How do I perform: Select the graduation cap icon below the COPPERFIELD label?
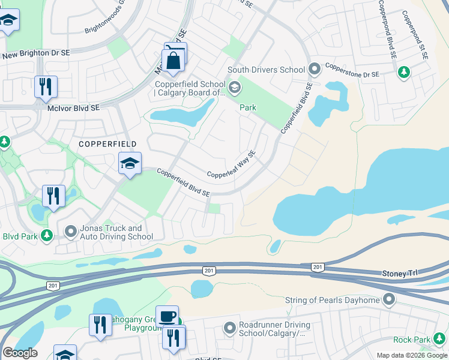point(130,163)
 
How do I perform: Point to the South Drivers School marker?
point(313,70)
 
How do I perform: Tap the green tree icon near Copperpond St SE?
point(404,72)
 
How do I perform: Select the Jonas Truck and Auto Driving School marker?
point(71,230)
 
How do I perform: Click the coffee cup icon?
point(167,316)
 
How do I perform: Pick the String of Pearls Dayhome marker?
point(390,299)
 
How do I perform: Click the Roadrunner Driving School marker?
point(229,328)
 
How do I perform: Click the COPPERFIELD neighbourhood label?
point(107,145)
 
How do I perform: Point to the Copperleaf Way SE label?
point(232,165)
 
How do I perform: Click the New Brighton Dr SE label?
point(36,54)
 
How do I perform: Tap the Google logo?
point(19,353)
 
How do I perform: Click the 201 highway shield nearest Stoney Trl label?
point(318,266)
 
